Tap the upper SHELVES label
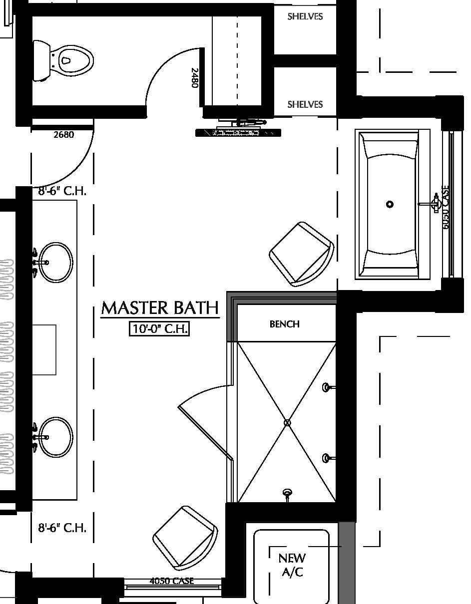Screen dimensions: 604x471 point(305,16)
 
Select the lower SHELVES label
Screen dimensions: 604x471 point(305,104)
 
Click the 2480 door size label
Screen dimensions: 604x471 point(195,78)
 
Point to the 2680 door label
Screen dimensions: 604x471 point(63,134)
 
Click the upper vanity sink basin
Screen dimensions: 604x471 point(55,262)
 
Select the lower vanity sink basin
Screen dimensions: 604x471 point(55,437)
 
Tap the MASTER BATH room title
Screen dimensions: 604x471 point(160,307)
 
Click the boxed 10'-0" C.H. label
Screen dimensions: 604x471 point(159,329)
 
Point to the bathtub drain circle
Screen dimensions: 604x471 point(390,204)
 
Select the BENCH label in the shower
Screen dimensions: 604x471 point(285,324)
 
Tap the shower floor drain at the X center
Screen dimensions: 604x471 point(287,423)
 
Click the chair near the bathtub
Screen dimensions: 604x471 point(301,254)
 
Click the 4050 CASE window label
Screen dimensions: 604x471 point(171,581)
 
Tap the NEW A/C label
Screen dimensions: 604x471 point(292,565)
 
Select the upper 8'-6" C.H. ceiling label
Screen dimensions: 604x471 point(62,191)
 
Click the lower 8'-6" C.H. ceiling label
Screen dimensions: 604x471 point(62,527)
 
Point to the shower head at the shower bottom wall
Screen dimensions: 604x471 point(287,494)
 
